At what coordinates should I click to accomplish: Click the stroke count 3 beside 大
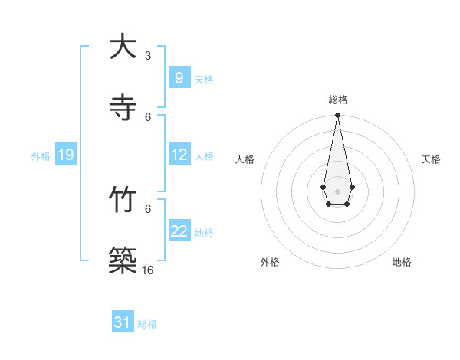[x=148, y=55]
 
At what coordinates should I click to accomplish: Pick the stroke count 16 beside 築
[x=148, y=270]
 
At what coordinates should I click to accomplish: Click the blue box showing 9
[x=179, y=78]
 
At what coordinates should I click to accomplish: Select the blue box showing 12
[x=179, y=155]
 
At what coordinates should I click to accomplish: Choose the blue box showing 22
[x=179, y=231]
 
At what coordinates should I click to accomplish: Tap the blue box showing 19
[x=65, y=155]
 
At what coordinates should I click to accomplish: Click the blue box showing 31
[x=123, y=322]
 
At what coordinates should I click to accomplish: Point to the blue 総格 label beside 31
[x=147, y=324]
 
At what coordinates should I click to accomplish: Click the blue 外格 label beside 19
[x=41, y=156]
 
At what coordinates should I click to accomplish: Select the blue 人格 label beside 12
[x=204, y=156]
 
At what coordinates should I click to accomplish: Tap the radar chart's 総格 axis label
[x=337, y=100]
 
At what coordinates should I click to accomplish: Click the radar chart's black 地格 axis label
[x=402, y=262]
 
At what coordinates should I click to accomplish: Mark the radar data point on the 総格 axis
[x=337, y=115]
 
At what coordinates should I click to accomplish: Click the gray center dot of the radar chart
[x=337, y=190]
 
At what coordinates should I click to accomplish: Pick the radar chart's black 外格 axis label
[x=270, y=262]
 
